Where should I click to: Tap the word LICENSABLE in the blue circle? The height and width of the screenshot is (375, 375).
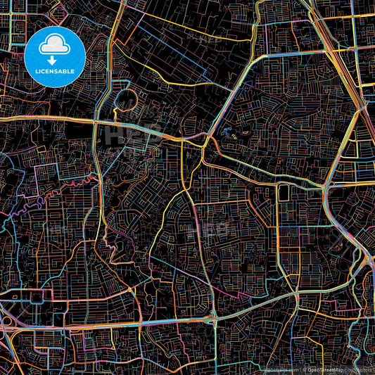(x=54, y=71)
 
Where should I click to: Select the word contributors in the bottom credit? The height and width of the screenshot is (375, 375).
(x=359, y=369)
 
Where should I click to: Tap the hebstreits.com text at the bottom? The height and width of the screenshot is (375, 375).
(x=282, y=369)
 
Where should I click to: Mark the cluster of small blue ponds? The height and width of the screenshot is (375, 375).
(x=227, y=132)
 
